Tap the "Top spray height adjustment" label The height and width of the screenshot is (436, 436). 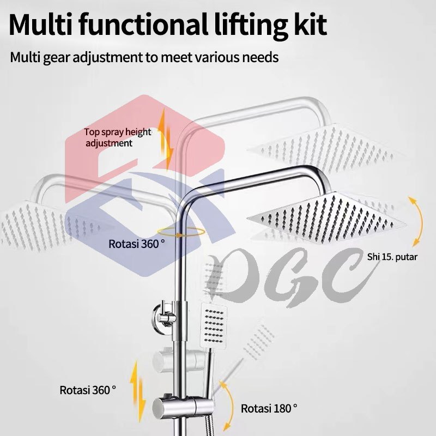click(x=117, y=137)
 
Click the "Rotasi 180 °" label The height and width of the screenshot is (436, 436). click(x=269, y=408)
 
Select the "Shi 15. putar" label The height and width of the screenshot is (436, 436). click(x=392, y=255)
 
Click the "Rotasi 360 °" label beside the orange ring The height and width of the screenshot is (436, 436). click(x=136, y=244)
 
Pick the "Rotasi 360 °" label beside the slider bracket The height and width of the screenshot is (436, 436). click(x=88, y=390)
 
